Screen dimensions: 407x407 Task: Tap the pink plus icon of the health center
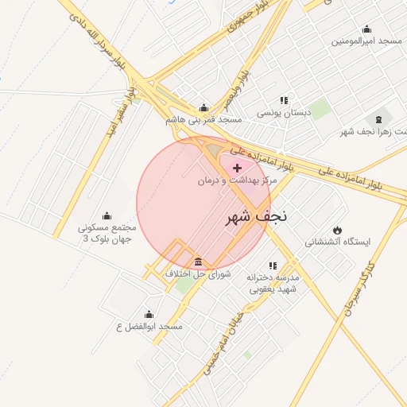[237, 168]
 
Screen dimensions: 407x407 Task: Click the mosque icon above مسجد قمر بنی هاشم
[204, 108]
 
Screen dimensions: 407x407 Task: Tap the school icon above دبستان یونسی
[283, 101]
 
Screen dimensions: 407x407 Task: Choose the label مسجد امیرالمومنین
[366, 40]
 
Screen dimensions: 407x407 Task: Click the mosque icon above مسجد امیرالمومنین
[366, 28]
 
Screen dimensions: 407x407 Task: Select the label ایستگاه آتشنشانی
[338, 242]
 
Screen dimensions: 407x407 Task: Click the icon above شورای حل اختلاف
[197, 262]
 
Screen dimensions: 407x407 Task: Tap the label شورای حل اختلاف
[197, 274]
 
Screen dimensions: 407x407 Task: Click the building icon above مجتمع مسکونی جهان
[107, 215]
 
